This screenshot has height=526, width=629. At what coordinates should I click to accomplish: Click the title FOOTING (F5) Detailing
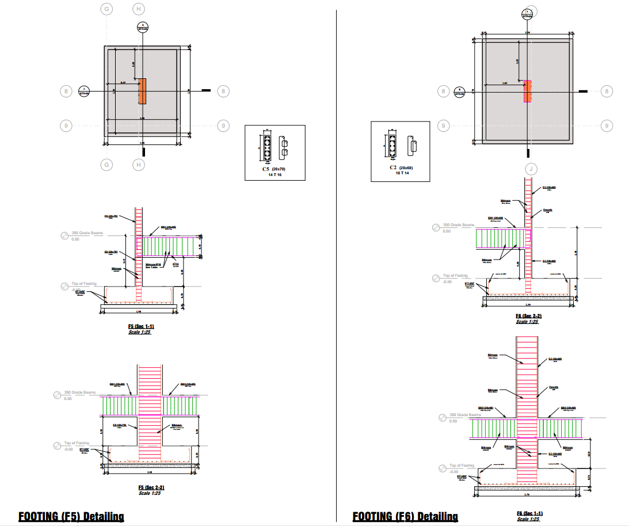(71, 516)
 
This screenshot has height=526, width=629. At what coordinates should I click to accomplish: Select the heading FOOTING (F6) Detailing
(405, 516)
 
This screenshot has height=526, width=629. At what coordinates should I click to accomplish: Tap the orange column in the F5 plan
(142, 91)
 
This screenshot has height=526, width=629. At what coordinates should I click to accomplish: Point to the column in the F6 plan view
(527, 91)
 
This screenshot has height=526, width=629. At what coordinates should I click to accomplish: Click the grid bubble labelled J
(530, 169)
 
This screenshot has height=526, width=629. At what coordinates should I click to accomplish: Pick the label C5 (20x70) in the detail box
(274, 169)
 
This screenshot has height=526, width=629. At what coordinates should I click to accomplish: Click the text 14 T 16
(275, 174)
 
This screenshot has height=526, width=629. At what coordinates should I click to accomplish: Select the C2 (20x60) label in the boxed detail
(400, 167)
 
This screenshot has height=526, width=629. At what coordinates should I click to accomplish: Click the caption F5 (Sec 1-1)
(141, 327)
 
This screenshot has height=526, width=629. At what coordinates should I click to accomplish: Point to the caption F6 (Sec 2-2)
(528, 317)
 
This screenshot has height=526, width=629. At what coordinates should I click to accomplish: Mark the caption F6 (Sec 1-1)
(529, 513)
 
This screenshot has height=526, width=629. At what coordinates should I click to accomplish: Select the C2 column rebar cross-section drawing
(391, 146)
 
